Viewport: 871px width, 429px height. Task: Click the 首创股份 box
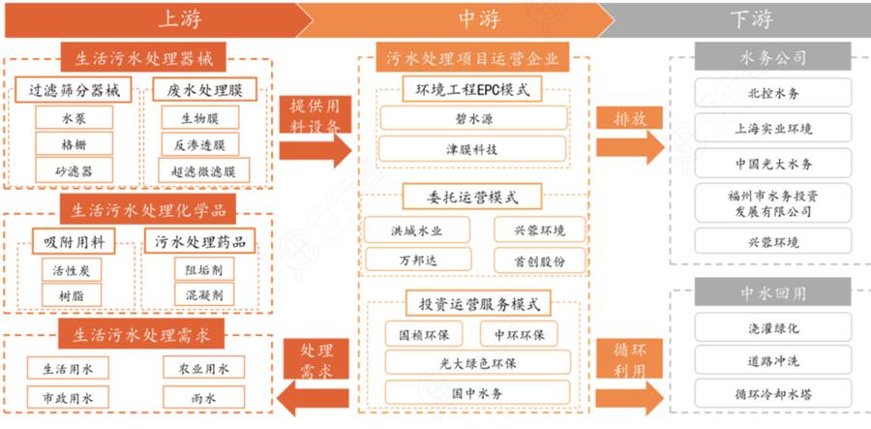(534, 261)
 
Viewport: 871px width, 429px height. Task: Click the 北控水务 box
(773, 94)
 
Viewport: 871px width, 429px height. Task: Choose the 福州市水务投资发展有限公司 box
(773, 203)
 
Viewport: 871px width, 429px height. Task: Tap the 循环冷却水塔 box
(773, 394)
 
